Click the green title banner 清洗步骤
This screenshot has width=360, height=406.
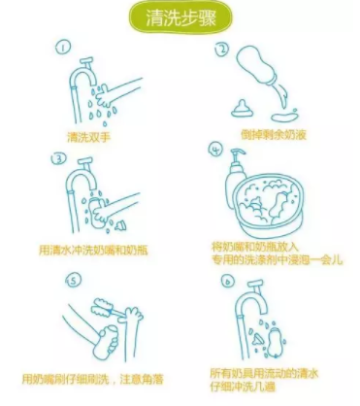(180, 18)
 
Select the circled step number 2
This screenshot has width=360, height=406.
(221, 51)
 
